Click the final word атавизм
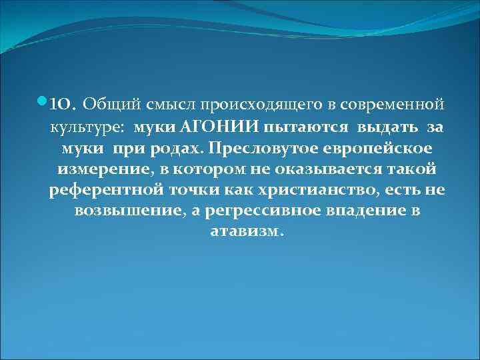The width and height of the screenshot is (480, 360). click(x=246, y=233)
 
